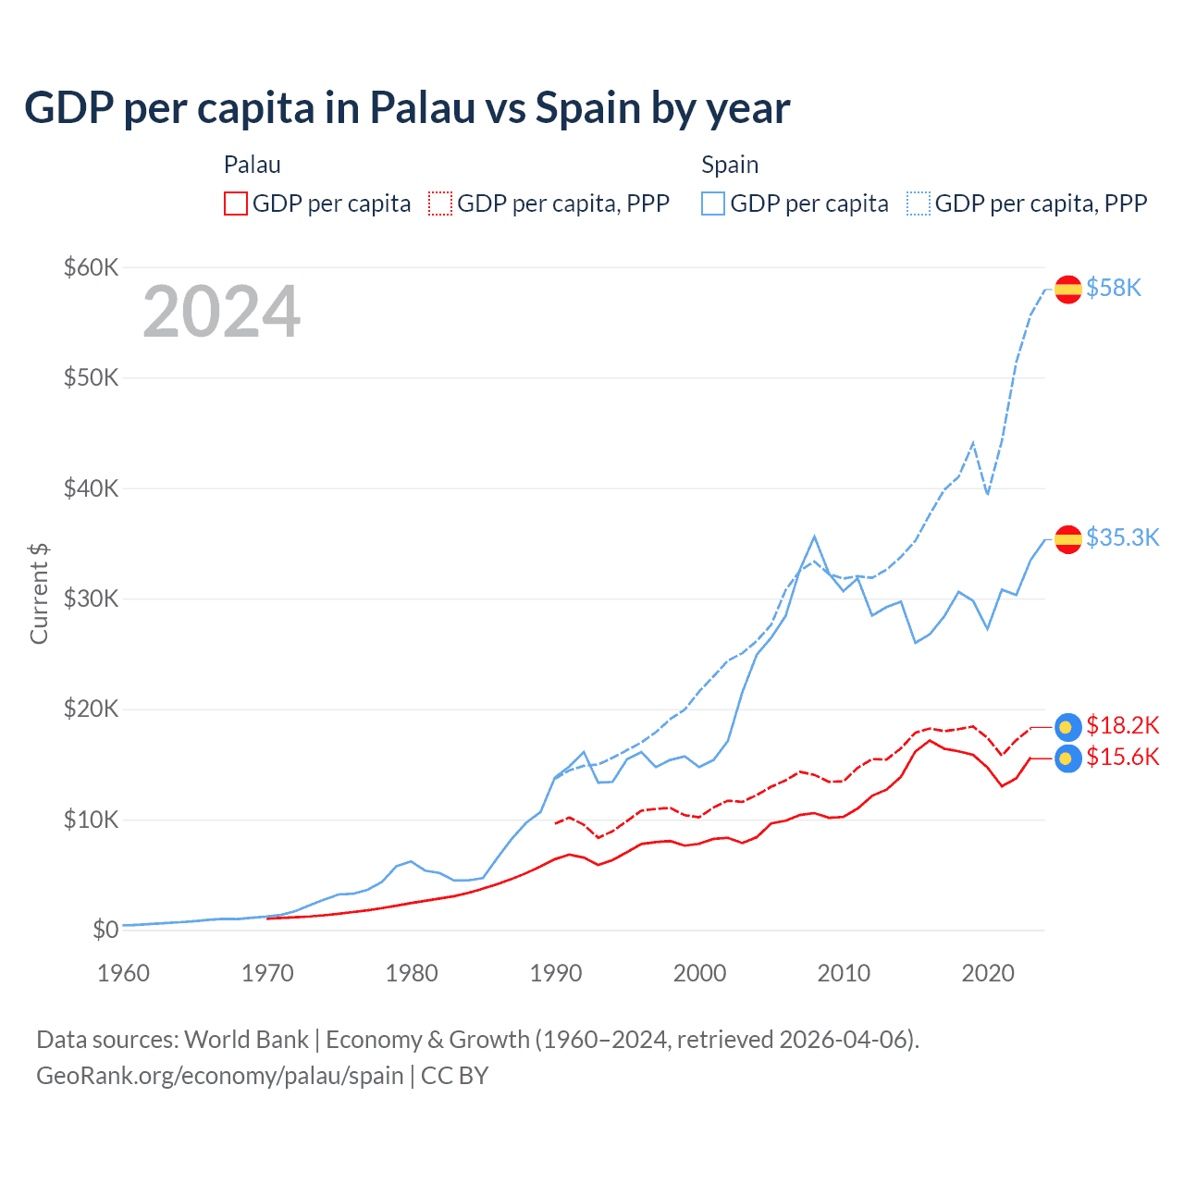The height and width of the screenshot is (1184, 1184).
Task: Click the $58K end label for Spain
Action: (x=1114, y=289)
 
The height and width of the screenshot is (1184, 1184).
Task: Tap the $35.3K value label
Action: (x=1122, y=538)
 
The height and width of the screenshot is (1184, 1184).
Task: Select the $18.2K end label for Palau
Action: (x=1122, y=725)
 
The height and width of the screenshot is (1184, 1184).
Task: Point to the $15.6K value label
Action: (x=1122, y=758)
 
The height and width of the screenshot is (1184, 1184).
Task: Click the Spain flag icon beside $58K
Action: (x=1068, y=290)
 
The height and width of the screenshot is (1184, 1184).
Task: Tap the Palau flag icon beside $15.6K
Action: (x=1068, y=758)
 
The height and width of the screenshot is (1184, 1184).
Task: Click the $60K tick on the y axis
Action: (x=91, y=268)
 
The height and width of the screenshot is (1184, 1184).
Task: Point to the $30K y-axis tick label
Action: (x=91, y=599)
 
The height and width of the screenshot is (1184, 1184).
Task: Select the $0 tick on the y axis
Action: (x=105, y=931)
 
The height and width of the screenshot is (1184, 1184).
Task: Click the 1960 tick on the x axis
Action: (x=123, y=973)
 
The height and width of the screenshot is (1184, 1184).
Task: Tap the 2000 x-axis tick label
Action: (x=700, y=973)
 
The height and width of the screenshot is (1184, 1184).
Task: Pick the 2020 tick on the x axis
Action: (x=988, y=973)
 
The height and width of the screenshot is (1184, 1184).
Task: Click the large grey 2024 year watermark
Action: (x=222, y=312)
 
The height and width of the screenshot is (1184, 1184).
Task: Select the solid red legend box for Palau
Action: (x=236, y=203)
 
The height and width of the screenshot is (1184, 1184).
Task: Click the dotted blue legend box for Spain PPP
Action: (x=919, y=203)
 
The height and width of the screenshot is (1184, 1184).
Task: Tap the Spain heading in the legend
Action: (x=730, y=165)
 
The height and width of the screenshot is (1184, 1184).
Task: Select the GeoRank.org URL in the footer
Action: (x=220, y=1076)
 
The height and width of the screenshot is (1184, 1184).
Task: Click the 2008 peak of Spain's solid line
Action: (x=814, y=536)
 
